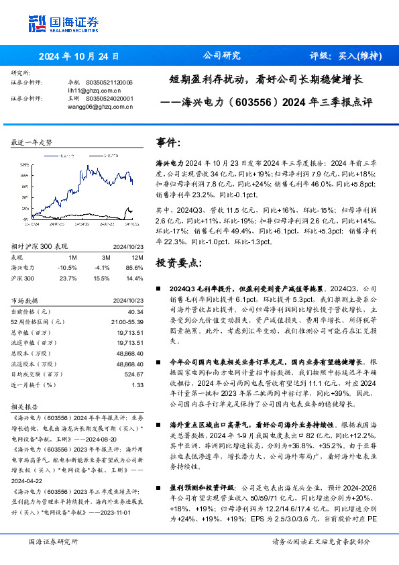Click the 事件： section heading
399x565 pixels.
click(x=168, y=143)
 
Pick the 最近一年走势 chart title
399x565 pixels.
click(x=32, y=142)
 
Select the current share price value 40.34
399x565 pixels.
click(x=135, y=311)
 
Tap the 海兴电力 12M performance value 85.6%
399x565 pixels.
click(x=134, y=267)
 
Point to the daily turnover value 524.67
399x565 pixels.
click(x=133, y=374)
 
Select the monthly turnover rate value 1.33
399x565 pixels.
click(x=137, y=384)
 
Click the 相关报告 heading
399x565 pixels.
click(x=25, y=407)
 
